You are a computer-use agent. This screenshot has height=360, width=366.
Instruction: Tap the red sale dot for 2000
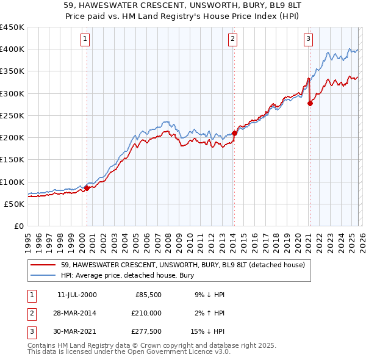(87, 188)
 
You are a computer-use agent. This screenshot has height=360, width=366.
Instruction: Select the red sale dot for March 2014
(234, 133)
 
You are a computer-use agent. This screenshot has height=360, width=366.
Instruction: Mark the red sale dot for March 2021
(310, 103)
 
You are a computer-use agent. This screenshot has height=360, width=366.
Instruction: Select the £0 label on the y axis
(18, 226)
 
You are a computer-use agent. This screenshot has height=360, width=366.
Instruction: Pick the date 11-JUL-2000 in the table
(77, 295)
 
